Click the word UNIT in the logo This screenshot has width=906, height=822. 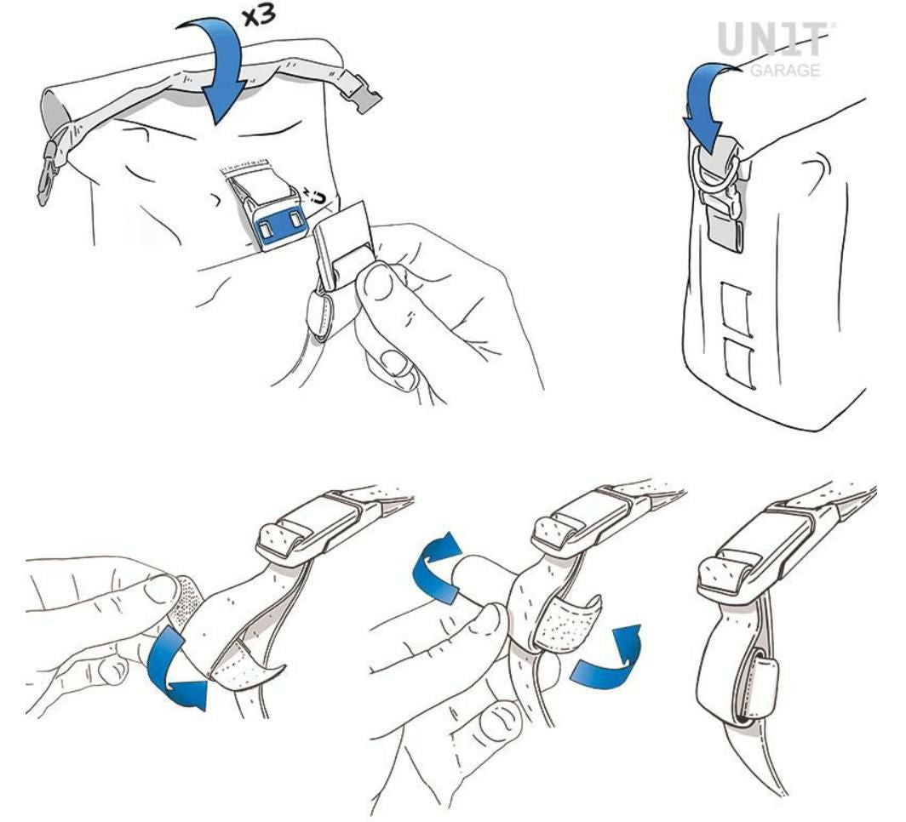point(775,40)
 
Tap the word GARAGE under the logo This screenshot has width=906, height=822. point(785,70)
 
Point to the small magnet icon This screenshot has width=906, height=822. point(316,197)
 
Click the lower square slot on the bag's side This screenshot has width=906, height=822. point(739,363)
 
